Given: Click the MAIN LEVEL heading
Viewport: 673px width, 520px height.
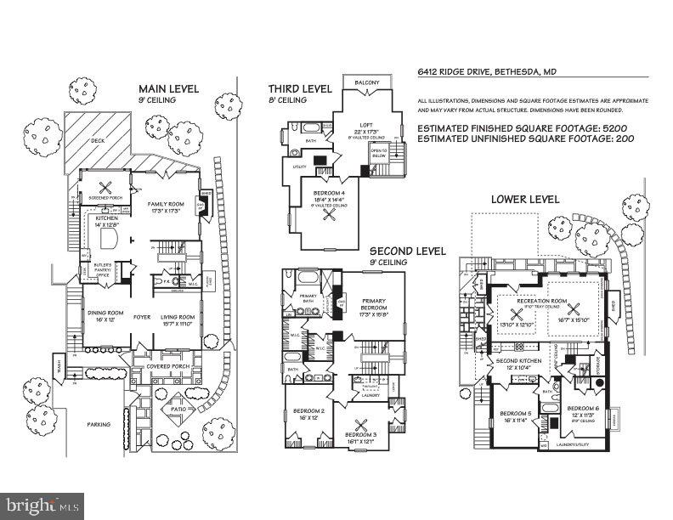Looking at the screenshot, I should pos(170,88).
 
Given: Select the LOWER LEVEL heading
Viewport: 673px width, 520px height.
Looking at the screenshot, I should pos(524,199).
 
